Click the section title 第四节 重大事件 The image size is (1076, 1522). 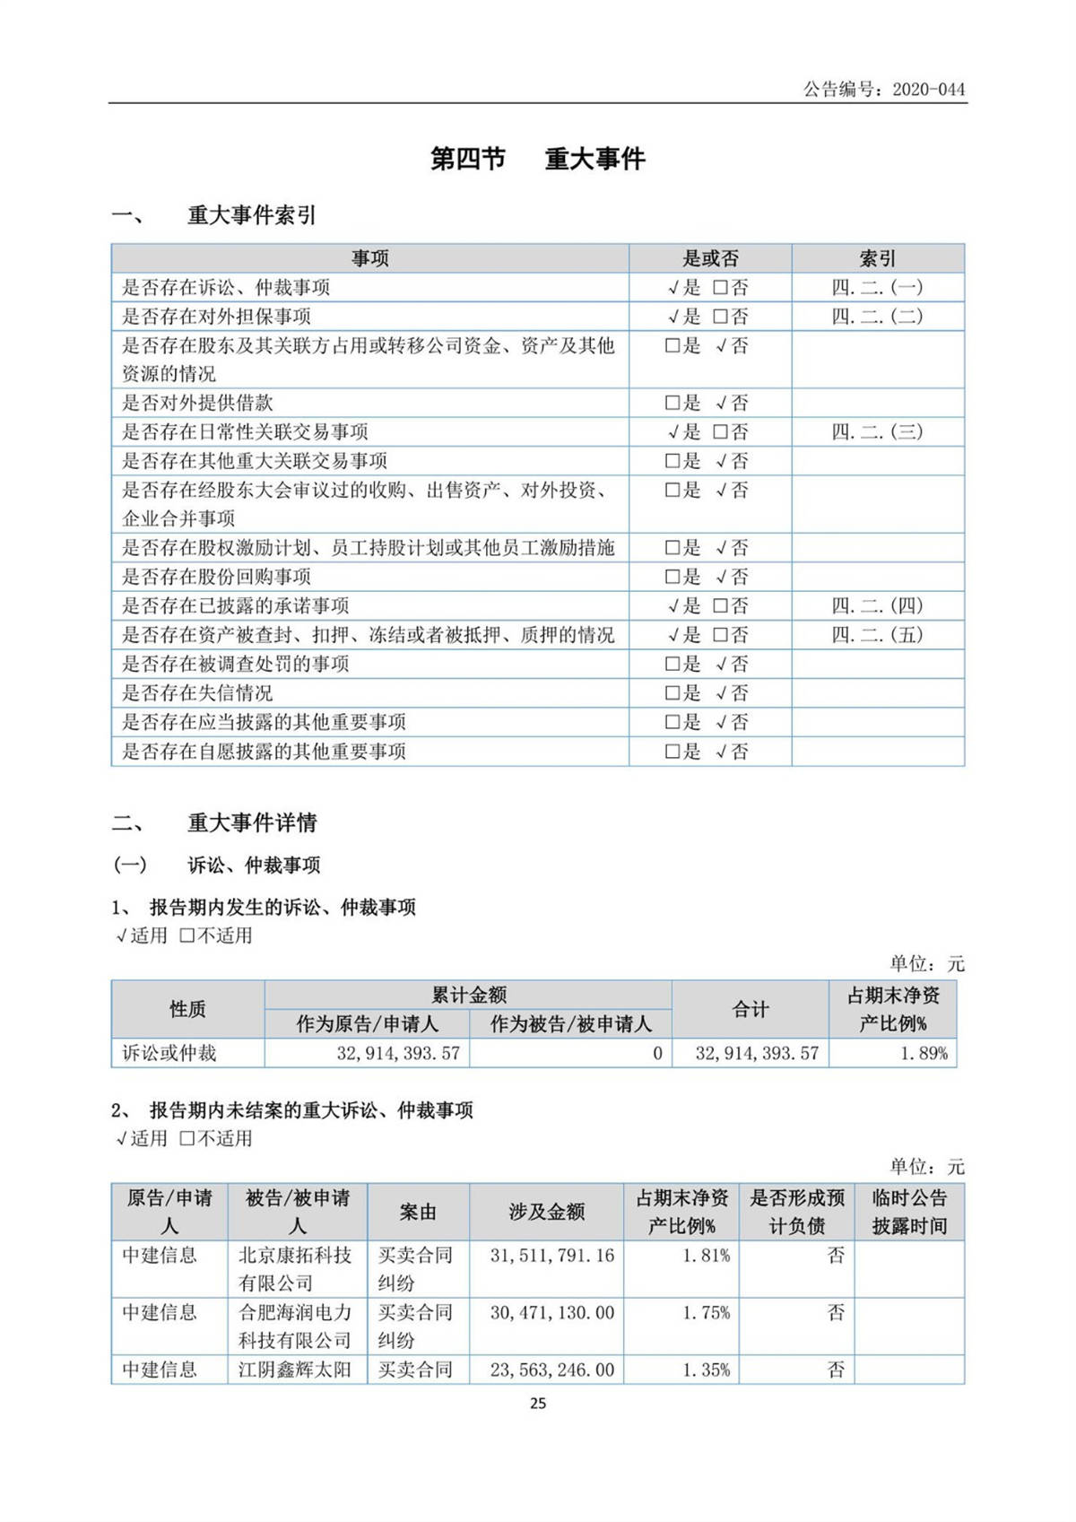click(537, 159)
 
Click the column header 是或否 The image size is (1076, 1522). click(710, 258)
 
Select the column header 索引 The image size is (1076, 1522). click(877, 258)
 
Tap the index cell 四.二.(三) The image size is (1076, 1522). click(877, 431)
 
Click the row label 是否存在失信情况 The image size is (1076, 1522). click(197, 692)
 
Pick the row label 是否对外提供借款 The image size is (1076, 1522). click(197, 403)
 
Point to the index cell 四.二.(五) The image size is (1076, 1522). click(877, 635)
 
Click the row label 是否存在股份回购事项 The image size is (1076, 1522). click(216, 577)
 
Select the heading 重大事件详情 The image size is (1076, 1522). click(252, 822)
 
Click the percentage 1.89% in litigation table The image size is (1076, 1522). click(924, 1053)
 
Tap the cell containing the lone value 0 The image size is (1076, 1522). click(657, 1053)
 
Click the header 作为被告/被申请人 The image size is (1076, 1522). click(570, 1023)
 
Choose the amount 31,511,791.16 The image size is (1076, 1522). click(551, 1256)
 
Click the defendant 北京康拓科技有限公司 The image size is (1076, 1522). click(296, 1268)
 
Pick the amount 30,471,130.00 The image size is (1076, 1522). click(551, 1313)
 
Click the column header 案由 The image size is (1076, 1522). click(418, 1212)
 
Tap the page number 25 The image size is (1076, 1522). click(538, 1404)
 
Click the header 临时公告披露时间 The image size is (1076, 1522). click(909, 1212)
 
